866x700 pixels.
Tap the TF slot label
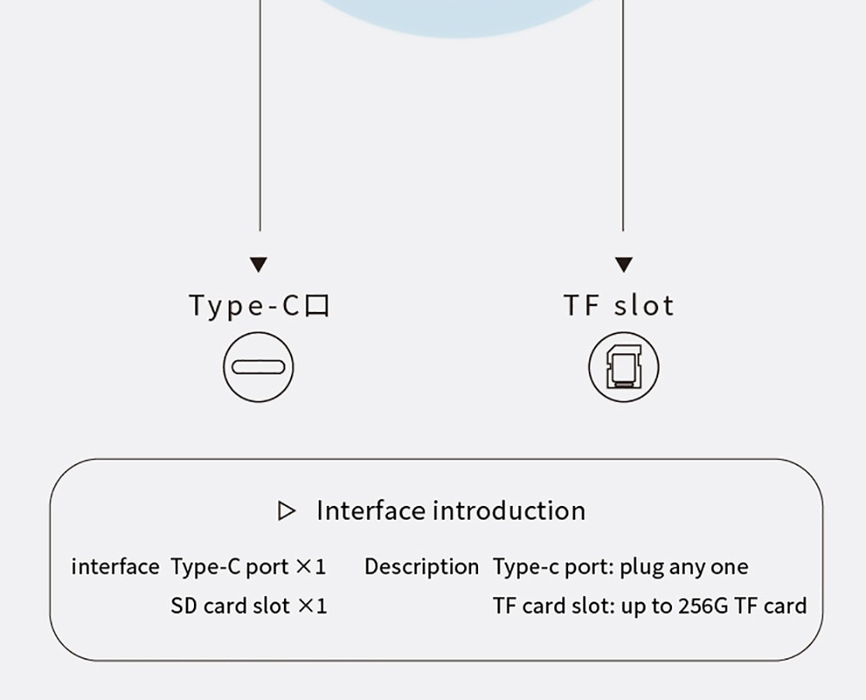[618, 306]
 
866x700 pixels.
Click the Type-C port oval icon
[258, 366]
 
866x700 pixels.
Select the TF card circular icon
[624, 366]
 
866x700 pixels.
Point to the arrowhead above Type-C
[258, 264]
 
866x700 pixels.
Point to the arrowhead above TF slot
[624, 264]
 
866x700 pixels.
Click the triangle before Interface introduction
[286, 511]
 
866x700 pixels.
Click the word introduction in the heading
[508, 510]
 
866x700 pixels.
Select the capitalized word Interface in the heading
[370, 510]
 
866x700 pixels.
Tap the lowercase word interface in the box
[115, 567]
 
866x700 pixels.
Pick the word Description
[421, 567]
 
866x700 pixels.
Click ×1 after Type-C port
[311, 567]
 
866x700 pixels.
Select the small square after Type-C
[318, 307]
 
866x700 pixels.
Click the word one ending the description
[728, 567]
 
